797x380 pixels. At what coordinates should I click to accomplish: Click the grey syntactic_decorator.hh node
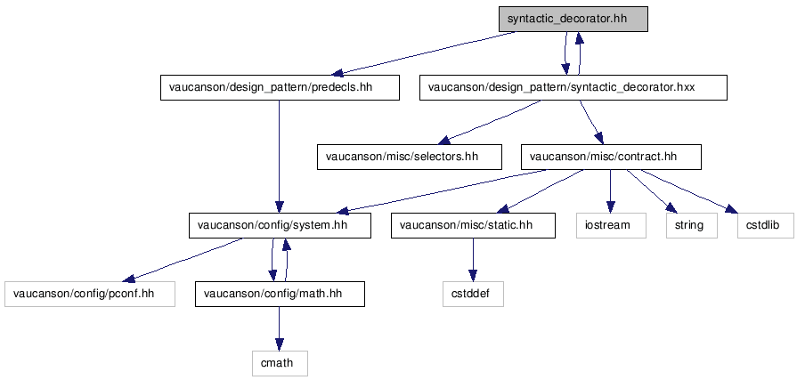click(573, 19)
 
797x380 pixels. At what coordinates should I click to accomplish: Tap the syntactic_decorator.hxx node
click(573, 87)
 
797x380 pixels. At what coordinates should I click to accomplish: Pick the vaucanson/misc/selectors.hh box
click(403, 157)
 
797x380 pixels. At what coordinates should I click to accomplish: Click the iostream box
click(609, 225)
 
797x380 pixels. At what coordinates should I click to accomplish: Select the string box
click(689, 225)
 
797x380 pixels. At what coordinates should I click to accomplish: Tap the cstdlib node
click(764, 225)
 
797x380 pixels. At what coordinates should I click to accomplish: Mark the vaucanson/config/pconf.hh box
click(89, 294)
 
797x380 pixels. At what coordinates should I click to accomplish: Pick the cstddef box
click(473, 294)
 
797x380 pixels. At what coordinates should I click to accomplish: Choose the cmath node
click(280, 362)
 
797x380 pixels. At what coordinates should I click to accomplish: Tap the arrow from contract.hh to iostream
click(610, 190)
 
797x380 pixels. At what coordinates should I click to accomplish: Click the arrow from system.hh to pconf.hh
click(187, 259)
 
